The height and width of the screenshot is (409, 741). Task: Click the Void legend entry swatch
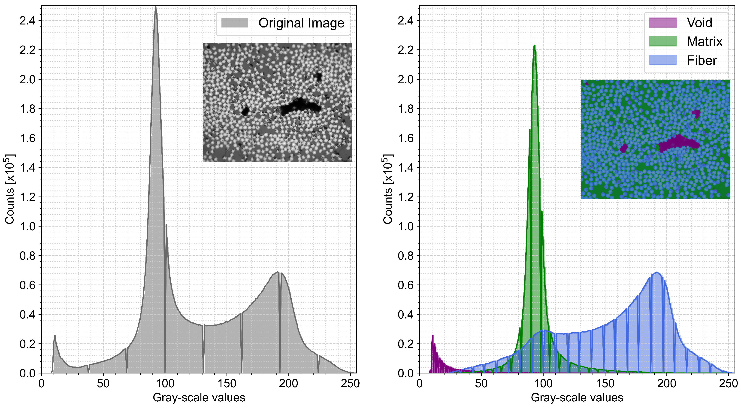(x=662, y=23)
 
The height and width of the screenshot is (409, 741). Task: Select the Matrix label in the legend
(x=704, y=42)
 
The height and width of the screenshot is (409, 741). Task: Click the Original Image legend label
(x=301, y=23)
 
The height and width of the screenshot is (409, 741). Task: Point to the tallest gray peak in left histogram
(x=156, y=8)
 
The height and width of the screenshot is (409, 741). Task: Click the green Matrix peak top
(x=534, y=46)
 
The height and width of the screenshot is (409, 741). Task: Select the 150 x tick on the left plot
(x=227, y=384)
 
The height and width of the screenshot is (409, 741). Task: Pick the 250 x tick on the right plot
(x=728, y=384)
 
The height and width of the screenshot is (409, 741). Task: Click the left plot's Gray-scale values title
(x=199, y=398)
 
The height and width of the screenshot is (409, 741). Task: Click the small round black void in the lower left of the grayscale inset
(x=245, y=111)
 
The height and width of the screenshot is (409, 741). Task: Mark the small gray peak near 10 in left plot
(x=55, y=336)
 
